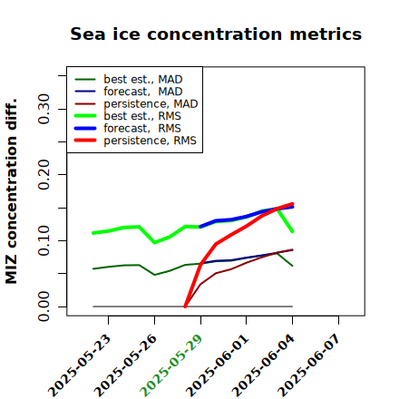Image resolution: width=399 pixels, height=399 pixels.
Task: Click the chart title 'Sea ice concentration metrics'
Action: click(x=216, y=34)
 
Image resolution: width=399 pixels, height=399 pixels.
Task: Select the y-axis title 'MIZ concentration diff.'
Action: click(x=11, y=191)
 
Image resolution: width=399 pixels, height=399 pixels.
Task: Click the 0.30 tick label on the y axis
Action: click(x=44, y=109)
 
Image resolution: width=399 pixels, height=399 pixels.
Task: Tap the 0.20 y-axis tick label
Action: click(x=44, y=175)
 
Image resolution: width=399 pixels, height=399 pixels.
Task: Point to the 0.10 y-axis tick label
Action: click(x=44, y=240)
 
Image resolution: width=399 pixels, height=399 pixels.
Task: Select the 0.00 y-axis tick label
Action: click(x=44, y=307)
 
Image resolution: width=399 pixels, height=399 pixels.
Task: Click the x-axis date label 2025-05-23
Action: click(x=80, y=365)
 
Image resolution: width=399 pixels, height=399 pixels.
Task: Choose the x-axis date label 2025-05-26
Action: click(x=126, y=365)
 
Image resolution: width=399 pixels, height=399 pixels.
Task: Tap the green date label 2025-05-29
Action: click(x=171, y=365)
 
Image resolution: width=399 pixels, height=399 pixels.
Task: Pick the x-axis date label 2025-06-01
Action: click(x=217, y=365)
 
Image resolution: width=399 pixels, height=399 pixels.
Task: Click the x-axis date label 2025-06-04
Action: click(x=263, y=365)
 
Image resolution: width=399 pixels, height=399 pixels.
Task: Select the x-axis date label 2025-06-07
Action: click(x=309, y=365)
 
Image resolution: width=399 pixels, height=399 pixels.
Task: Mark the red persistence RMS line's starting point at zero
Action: click(x=185, y=307)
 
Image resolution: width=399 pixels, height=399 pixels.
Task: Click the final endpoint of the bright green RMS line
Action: click(x=293, y=231)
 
